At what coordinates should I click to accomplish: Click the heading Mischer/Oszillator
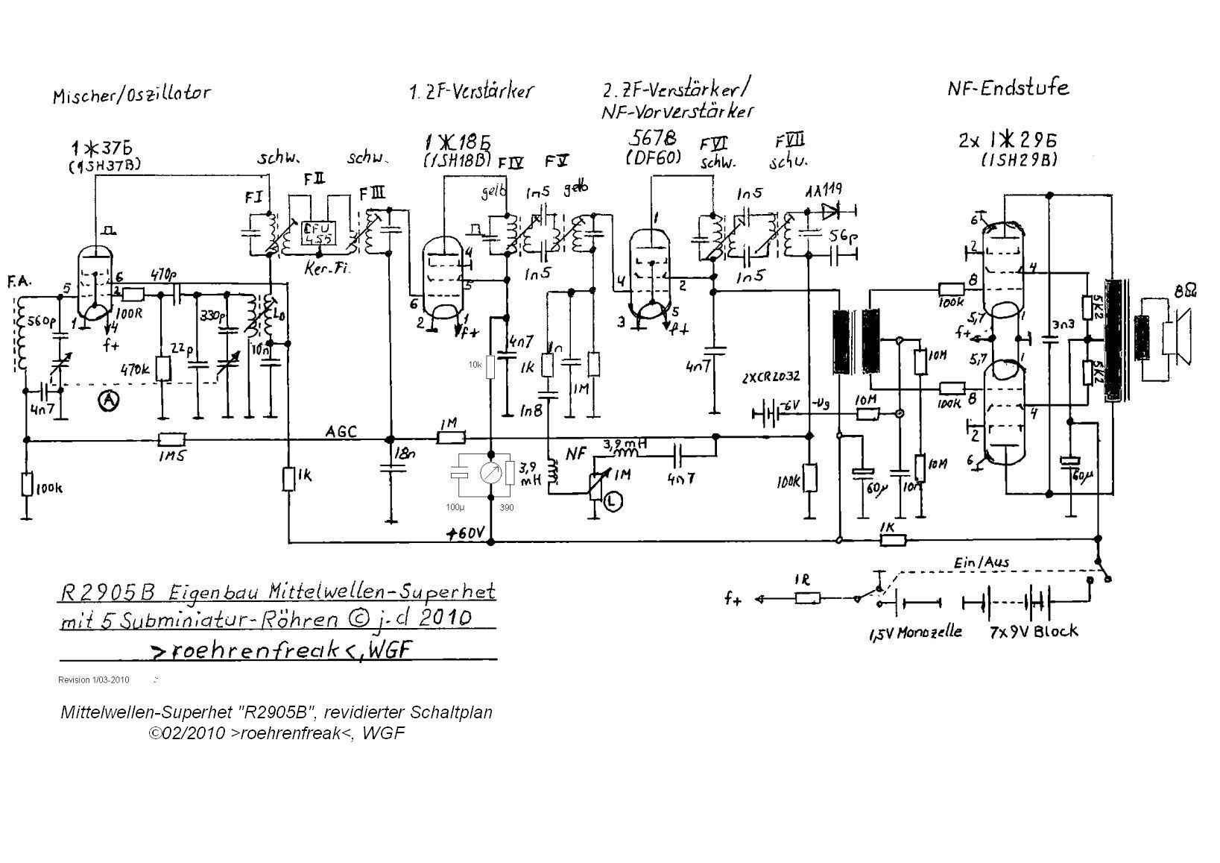point(132,95)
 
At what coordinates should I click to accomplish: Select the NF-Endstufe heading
point(1008,89)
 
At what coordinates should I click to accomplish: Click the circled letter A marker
point(109,401)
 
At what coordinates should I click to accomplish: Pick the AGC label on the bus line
point(341,431)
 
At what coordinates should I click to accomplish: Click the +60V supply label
point(465,534)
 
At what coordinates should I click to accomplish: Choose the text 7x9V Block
point(1033,632)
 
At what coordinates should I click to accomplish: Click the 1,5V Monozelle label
point(914,633)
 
